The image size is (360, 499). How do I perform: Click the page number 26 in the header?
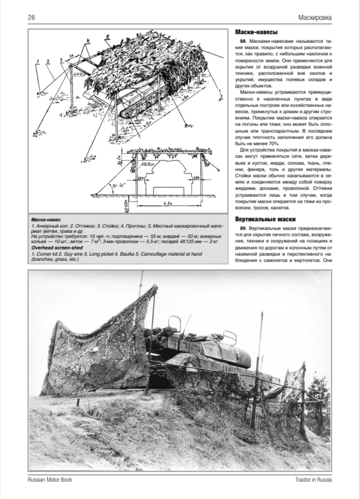pos(33,17)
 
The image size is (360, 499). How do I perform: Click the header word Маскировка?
pos(315,17)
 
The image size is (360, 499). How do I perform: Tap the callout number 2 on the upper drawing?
pos(49,61)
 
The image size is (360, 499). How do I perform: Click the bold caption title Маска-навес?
pos(47,220)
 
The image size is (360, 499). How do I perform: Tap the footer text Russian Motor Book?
pos(50,480)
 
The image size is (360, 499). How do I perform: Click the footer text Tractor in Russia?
pos(312,480)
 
